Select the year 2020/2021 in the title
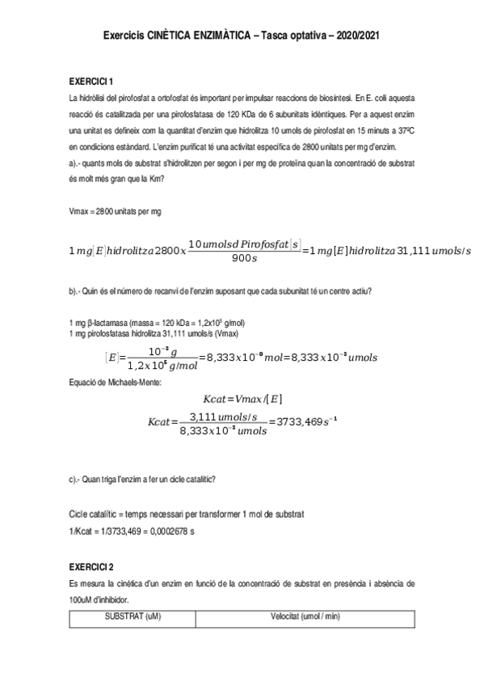point(356,36)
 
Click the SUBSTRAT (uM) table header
point(133,616)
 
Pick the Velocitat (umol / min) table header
point(306,616)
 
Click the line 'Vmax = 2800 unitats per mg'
point(116,211)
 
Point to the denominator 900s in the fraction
point(242,259)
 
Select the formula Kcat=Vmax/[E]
point(243,399)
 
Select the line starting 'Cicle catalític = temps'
point(181,514)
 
